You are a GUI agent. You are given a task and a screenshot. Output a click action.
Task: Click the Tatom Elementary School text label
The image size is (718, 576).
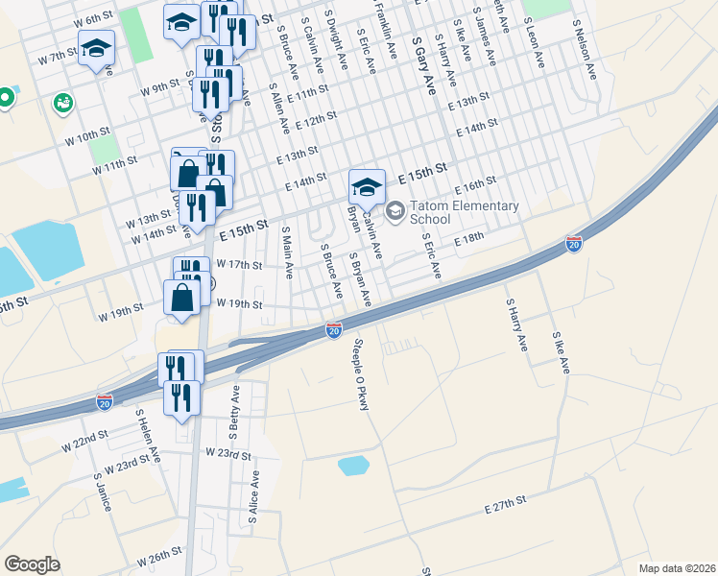pyautogui.click(x=465, y=212)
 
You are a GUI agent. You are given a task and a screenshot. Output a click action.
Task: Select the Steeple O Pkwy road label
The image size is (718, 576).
pyautogui.click(x=361, y=375)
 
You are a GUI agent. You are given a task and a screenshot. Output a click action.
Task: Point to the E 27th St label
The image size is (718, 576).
pyautogui.click(x=506, y=505)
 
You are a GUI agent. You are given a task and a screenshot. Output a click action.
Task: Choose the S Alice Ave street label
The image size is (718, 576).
pyautogui.click(x=253, y=496)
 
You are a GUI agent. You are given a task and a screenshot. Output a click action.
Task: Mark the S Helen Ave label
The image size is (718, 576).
pyautogui.click(x=149, y=433)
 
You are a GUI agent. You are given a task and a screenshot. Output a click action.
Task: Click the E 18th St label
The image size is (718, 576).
pyautogui.click(x=473, y=239)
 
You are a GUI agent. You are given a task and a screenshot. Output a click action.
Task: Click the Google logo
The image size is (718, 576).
pyautogui.click(x=33, y=564)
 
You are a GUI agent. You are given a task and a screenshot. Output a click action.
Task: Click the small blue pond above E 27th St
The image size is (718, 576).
pyautogui.click(x=353, y=467)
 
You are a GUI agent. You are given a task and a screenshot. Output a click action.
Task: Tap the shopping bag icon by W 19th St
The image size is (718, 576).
pyautogui.click(x=181, y=299)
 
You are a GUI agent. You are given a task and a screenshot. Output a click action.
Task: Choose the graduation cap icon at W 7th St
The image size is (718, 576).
pyautogui.click(x=95, y=49)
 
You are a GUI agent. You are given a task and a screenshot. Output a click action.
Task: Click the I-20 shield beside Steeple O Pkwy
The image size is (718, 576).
pyautogui.click(x=333, y=330)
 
